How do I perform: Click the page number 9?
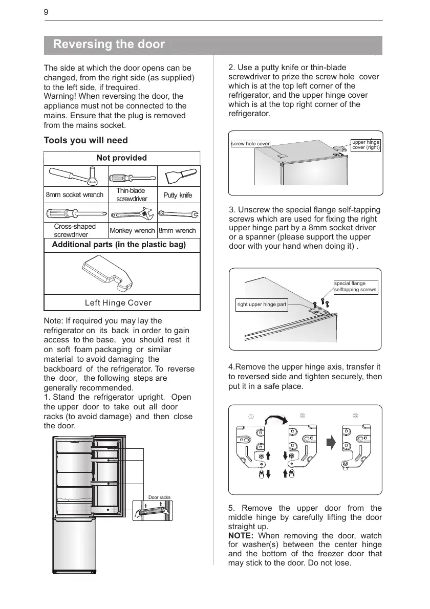click(46, 12)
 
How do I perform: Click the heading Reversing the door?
click(109, 45)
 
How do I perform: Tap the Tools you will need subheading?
click(86, 140)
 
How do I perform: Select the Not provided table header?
click(122, 158)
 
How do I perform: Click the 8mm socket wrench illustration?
click(71, 177)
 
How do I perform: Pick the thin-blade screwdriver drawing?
click(131, 178)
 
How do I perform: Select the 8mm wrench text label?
click(177, 231)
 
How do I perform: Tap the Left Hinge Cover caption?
click(118, 303)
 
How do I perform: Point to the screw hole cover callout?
click(250, 144)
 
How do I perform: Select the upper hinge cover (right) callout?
click(365, 145)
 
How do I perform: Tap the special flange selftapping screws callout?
click(355, 287)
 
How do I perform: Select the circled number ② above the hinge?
click(302, 416)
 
